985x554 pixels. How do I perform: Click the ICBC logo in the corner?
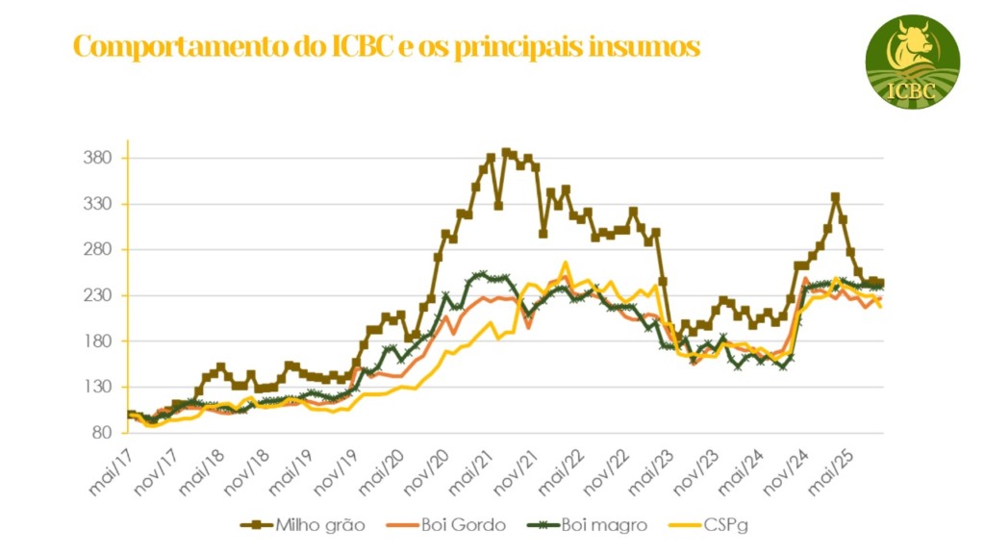click(x=913, y=61)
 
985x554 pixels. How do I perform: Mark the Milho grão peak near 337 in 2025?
click(x=835, y=197)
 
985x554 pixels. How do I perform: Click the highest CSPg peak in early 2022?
click(x=566, y=263)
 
